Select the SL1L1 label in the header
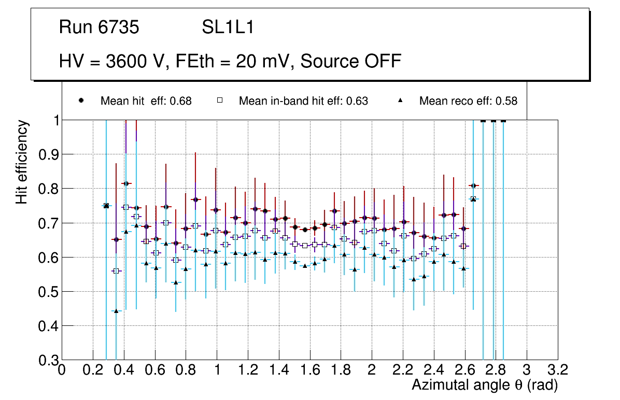pos(228,27)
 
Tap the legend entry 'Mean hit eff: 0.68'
pos(146,101)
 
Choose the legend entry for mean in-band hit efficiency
pos(303,101)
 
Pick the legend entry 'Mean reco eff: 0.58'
pos(468,101)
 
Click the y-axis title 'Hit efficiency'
pos(22,162)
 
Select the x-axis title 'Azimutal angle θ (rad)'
pos(485,385)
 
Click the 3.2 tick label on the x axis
pos(558,370)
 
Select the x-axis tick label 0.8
pos(186,370)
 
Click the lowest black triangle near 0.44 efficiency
pos(116,311)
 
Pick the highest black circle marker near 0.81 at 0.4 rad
pos(125,183)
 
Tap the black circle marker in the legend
pos(81,101)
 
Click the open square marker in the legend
pos(220,101)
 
